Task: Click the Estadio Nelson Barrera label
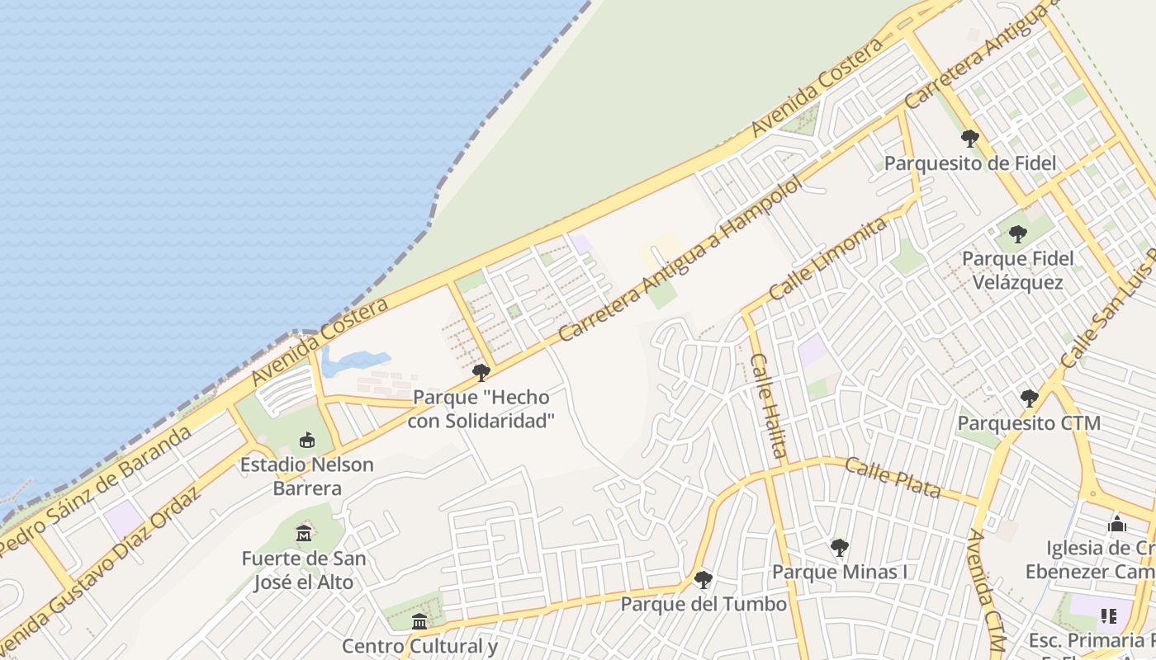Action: point(306,476)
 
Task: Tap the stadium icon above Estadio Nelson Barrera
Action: point(307,440)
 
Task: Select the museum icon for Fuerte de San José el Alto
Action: point(304,534)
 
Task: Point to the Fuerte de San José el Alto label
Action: point(304,570)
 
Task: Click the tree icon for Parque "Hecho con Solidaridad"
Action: point(481,373)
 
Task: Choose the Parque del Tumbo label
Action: point(704,604)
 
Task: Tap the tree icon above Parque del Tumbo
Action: point(703,580)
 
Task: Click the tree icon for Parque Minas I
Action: point(839,547)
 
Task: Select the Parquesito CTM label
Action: point(1029,423)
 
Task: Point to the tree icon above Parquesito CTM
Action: point(1029,398)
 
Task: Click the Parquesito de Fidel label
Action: point(970,163)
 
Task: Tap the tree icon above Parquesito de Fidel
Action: point(970,138)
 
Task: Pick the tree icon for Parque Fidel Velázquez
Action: point(1018,234)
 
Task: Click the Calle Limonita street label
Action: point(828,258)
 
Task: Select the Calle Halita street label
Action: point(768,405)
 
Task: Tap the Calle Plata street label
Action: point(893,478)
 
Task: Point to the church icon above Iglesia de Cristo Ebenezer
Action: point(1117,524)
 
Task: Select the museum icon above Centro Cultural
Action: point(419,621)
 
